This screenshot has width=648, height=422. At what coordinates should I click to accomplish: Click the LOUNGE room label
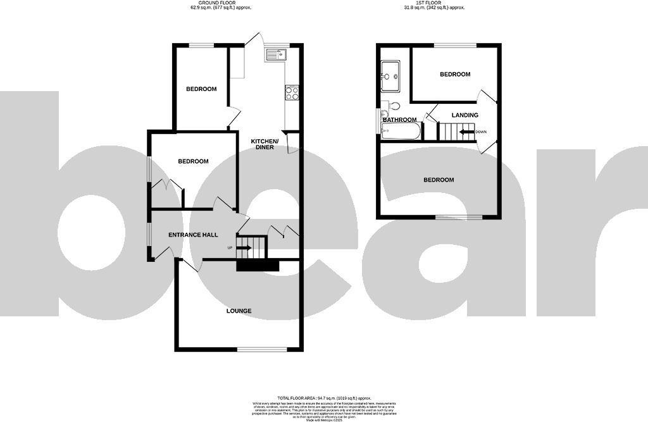click(239, 311)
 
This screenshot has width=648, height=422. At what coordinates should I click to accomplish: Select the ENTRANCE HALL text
click(193, 235)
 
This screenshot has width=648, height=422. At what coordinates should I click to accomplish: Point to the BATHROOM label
click(400, 120)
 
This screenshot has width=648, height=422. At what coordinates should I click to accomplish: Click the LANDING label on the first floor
click(464, 115)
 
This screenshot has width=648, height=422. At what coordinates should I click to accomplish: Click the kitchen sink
click(277, 56)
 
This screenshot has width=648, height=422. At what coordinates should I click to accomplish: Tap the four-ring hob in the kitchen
click(292, 92)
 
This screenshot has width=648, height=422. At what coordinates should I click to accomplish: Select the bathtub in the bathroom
click(401, 132)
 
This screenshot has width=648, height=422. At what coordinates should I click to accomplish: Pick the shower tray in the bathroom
click(390, 73)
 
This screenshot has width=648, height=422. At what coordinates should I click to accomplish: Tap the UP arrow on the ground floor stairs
click(245, 247)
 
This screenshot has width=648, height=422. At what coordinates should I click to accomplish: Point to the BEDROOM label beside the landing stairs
click(455, 74)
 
